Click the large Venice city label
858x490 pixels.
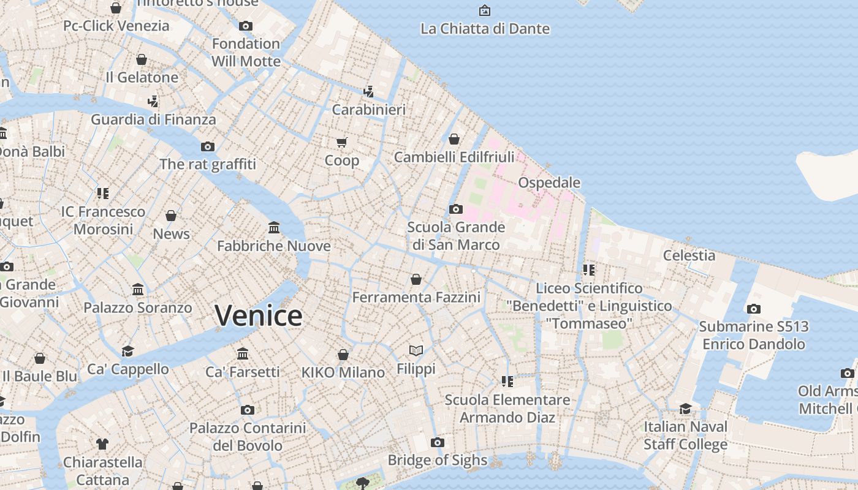pos(258,315)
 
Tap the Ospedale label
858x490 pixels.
pos(549,183)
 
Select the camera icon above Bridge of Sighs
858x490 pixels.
pos(437,442)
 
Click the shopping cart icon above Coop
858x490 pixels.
pos(342,142)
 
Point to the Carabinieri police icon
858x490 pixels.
pos(368,91)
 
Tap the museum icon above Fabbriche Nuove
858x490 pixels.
pos(274,228)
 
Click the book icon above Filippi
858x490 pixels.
pos(416,350)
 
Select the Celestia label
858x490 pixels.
pos(689,255)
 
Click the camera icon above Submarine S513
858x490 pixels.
pos(754,309)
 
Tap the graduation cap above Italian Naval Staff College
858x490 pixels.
pos(685,409)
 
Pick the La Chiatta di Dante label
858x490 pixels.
pos(485,29)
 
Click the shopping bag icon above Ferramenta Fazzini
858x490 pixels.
pos(416,279)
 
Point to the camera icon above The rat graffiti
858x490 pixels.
pos(208,146)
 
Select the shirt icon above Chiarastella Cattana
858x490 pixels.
pos(102,443)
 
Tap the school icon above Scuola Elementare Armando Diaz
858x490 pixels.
pos(507,382)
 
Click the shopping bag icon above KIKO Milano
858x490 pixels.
pos(343,355)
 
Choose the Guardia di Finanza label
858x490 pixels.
pos(153,119)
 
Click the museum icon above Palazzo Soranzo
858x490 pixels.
pos(138,289)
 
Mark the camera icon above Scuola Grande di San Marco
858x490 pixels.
pos(455,209)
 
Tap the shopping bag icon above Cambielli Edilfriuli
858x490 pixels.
pos(454,139)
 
